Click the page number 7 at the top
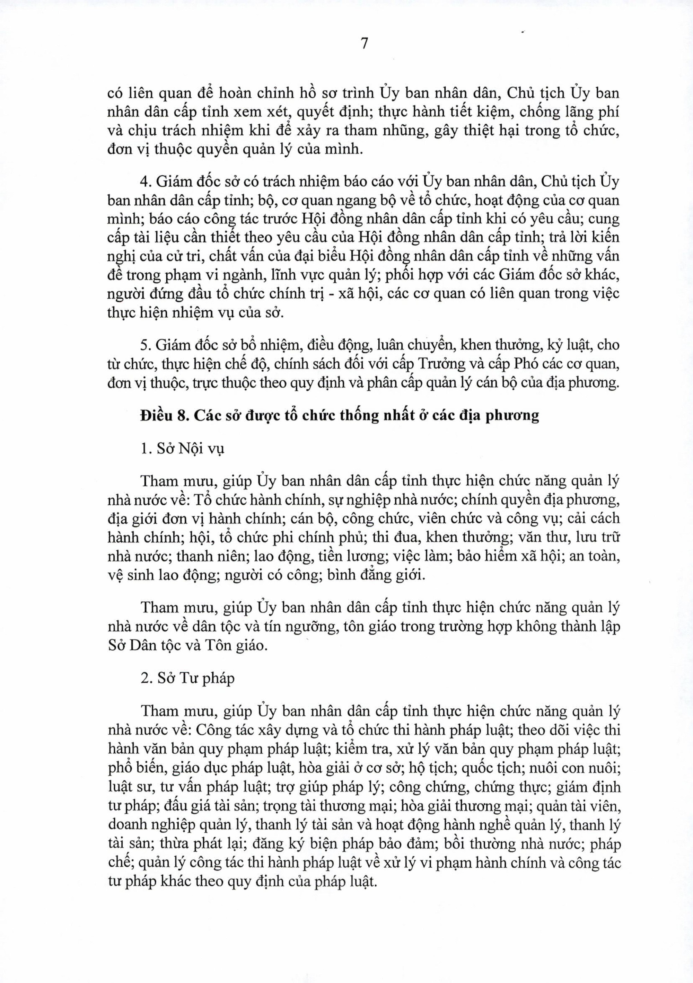tap(364, 44)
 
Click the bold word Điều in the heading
tap(156, 416)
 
